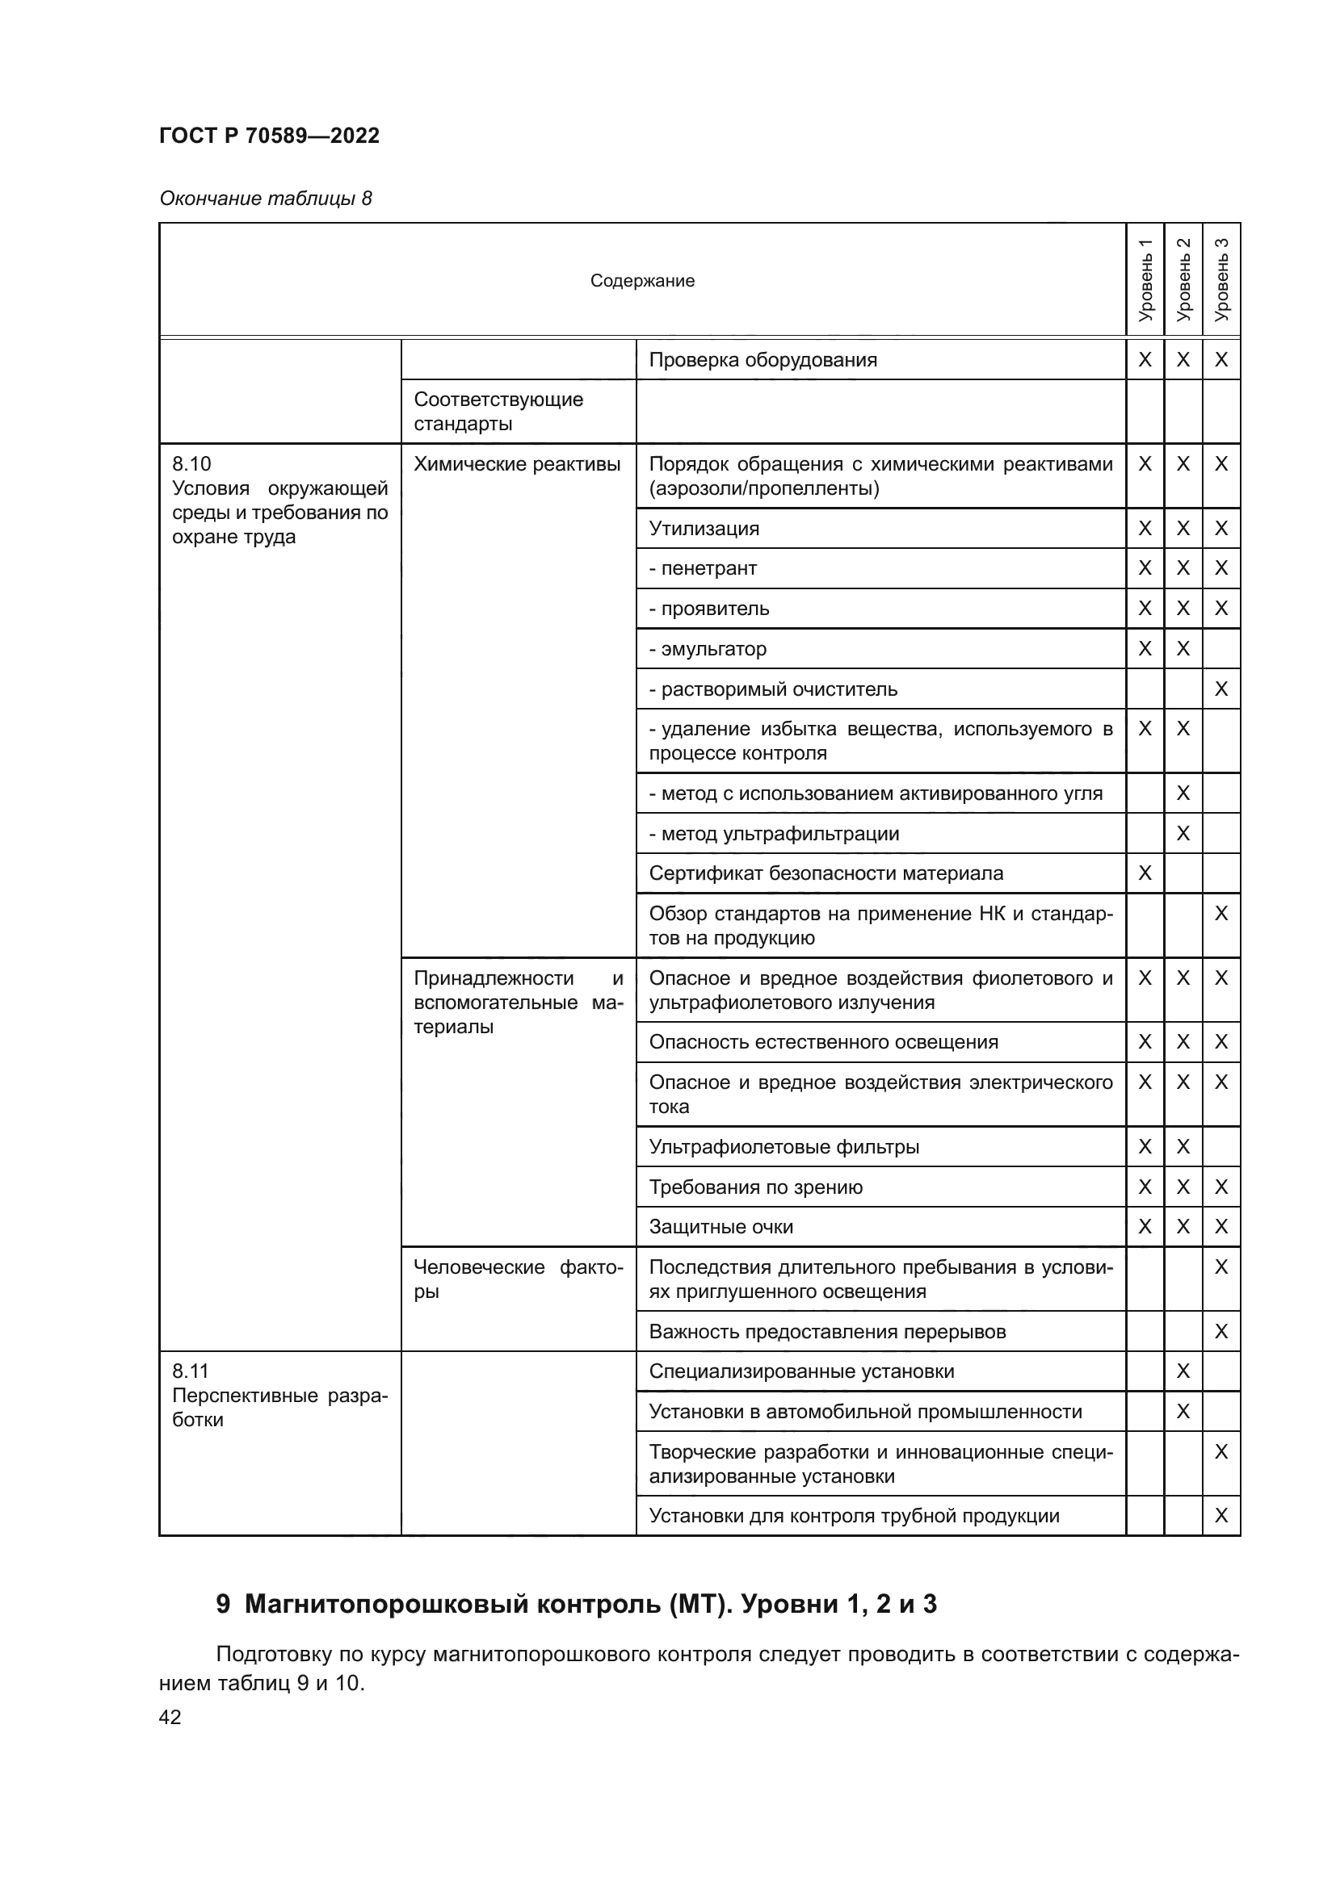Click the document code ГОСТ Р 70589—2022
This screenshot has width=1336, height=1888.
[x=269, y=136]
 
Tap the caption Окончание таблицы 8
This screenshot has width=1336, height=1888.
[x=265, y=199]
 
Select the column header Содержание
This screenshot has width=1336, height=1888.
[x=641, y=280]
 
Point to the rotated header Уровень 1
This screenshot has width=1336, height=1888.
[x=1145, y=279]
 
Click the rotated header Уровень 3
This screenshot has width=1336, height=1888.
[x=1221, y=279]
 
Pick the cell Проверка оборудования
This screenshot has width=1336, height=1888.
[x=763, y=359]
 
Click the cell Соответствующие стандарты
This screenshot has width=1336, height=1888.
[x=498, y=411]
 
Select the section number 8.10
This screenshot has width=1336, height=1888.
[x=191, y=464]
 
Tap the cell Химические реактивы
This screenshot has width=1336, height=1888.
[x=517, y=464]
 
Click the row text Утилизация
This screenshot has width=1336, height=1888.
[x=704, y=528]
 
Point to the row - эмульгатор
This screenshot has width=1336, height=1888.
[x=708, y=649]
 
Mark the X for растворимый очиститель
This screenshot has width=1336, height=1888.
[x=1220, y=689]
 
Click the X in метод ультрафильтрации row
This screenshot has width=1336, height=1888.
[x=1183, y=834]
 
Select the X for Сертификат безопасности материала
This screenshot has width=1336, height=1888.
[x=1145, y=873]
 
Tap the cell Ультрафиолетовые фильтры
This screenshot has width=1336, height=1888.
[x=784, y=1146]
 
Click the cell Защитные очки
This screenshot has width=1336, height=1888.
[x=721, y=1227]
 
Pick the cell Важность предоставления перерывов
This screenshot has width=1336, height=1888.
[x=827, y=1331]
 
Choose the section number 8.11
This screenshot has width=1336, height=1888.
[x=191, y=1371]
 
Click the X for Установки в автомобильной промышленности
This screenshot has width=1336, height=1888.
[x=1183, y=1412]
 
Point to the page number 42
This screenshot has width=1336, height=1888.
[x=170, y=1717]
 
